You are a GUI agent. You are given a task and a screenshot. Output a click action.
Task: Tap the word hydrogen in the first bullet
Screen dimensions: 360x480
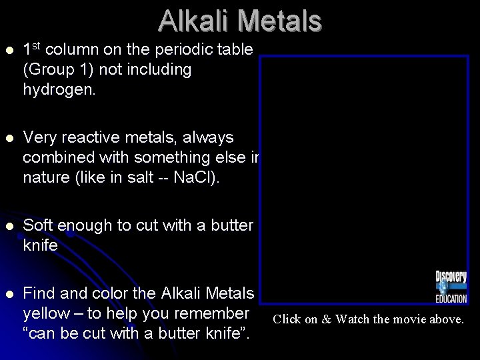point(59,89)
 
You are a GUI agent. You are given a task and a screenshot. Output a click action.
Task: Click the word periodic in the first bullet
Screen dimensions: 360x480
point(171,49)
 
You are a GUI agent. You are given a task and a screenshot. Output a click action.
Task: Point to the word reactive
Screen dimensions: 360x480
point(97,137)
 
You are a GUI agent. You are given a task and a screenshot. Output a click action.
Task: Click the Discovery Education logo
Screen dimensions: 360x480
point(451,287)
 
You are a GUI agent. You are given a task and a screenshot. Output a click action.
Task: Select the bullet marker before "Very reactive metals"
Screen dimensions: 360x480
point(9,138)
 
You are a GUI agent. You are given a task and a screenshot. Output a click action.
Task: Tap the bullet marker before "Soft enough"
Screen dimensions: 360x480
point(9,226)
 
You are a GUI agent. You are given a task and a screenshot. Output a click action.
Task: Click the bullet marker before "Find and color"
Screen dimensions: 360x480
point(9,294)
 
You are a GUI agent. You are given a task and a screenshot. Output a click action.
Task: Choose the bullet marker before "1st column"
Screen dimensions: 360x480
point(9,50)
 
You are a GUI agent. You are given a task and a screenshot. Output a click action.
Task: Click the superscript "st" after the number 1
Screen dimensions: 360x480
point(36,45)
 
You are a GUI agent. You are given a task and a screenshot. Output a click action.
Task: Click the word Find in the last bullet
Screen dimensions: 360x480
point(39,293)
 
